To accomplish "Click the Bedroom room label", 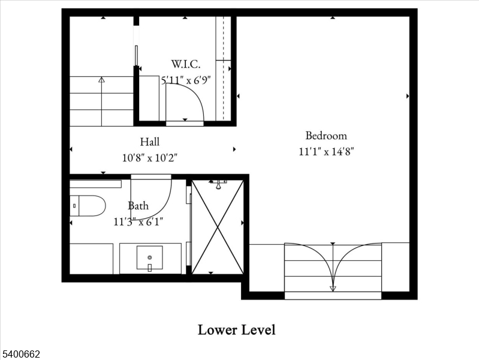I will pyautogui.click(x=326, y=136).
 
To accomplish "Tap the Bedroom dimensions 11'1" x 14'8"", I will pyautogui.click(x=326, y=152).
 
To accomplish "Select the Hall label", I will pyautogui.click(x=150, y=142).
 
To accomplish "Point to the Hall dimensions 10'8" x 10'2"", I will pyautogui.click(x=150, y=158).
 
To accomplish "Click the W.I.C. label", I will pyautogui.click(x=185, y=64).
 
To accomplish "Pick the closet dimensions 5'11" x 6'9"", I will pyautogui.click(x=186, y=80).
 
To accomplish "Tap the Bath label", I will pyautogui.click(x=138, y=206).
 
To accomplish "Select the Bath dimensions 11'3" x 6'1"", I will pyautogui.click(x=138, y=221).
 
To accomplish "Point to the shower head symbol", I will pyautogui.click(x=218, y=181).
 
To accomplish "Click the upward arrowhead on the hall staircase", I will pyautogui.click(x=101, y=79).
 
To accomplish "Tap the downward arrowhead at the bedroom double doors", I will pyautogui.click(x=333, y=288).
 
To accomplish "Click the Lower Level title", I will pyautogui.click(x=236, y=329).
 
